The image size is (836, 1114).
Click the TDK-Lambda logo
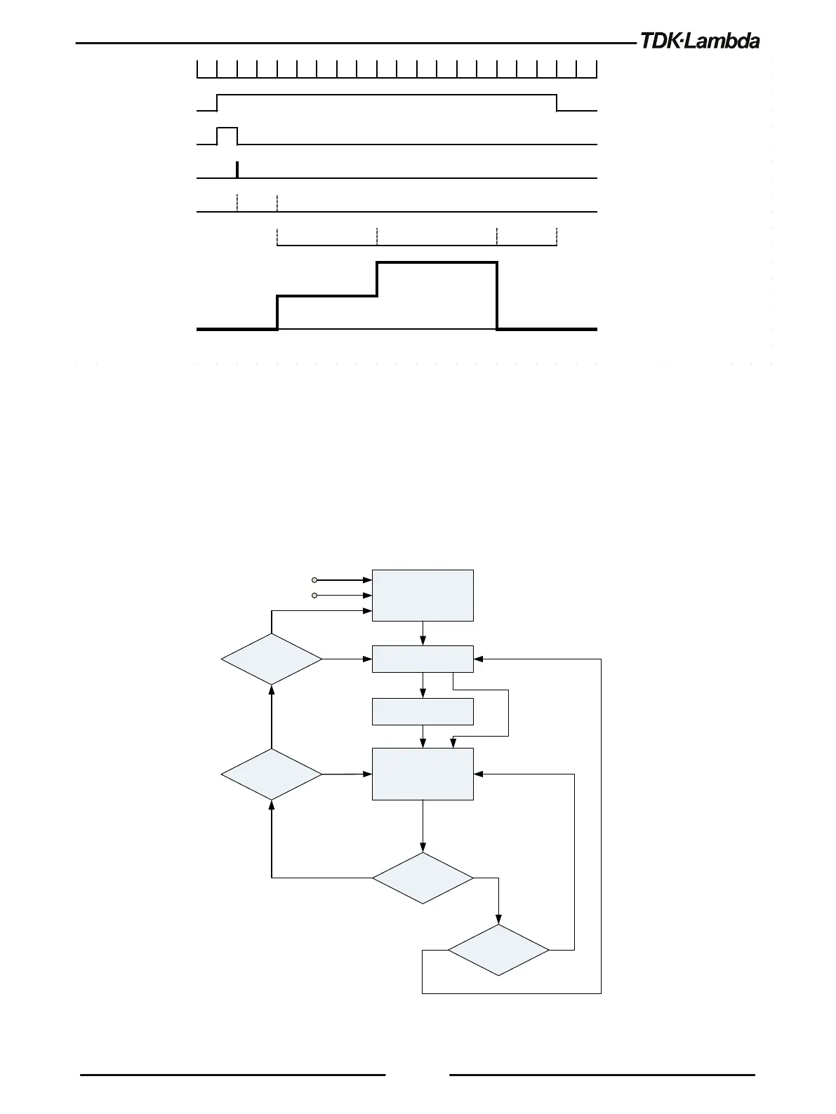coord(699,41)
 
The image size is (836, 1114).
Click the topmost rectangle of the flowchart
coord(423,595)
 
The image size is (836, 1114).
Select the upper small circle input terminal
coord(314,580)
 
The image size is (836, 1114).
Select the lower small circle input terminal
coord(314,596)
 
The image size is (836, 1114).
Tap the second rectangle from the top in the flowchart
coord(423,659)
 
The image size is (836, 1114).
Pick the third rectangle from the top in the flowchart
coord(423,711)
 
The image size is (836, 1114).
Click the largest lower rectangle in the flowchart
coord(423,774)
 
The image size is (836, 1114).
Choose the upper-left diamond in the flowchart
coord(272,659)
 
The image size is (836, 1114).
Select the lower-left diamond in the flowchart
coord(272,774)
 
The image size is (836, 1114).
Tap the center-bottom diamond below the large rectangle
coord(423,878)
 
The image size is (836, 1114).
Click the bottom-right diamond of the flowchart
coord(498,950)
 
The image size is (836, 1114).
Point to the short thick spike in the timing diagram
coord(237,170)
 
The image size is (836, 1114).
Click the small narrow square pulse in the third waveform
coord(227,135)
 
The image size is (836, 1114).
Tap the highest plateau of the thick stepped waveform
coord(437,263)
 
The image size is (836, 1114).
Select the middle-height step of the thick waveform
coord(327,297)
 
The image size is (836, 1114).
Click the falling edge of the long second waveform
coord(557,102)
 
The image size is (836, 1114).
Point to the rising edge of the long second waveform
coord(218,102)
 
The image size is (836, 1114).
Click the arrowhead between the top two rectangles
coord(423,641)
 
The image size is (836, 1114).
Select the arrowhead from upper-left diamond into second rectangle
coord(367,659)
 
